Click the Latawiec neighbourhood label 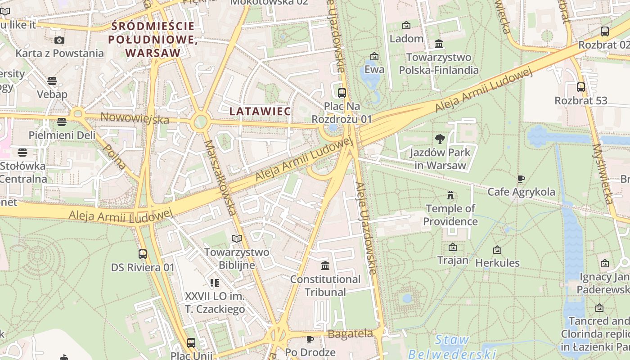tap(260, 111)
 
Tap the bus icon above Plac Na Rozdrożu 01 tap(342, 93)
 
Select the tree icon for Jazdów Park tap(440, 139)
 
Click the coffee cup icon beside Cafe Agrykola tap(521, 179)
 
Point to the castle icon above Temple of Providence tap(450, 195)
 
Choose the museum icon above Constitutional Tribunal tap(325, 266)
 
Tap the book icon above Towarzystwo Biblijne tap(237, 238)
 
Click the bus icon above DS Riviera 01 tap(143, 254)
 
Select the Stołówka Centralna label tap(23, 172)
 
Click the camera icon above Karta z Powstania tap(59, 40)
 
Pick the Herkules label tap(497, 263)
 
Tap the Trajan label tap(453, 260)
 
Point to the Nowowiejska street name tap(135, 118)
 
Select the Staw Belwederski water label tap(452, 346)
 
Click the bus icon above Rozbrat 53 tap(581, 87)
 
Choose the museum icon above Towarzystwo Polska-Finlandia tap(439, 44)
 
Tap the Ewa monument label tap(374, 69)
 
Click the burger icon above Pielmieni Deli tap(62, 122)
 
